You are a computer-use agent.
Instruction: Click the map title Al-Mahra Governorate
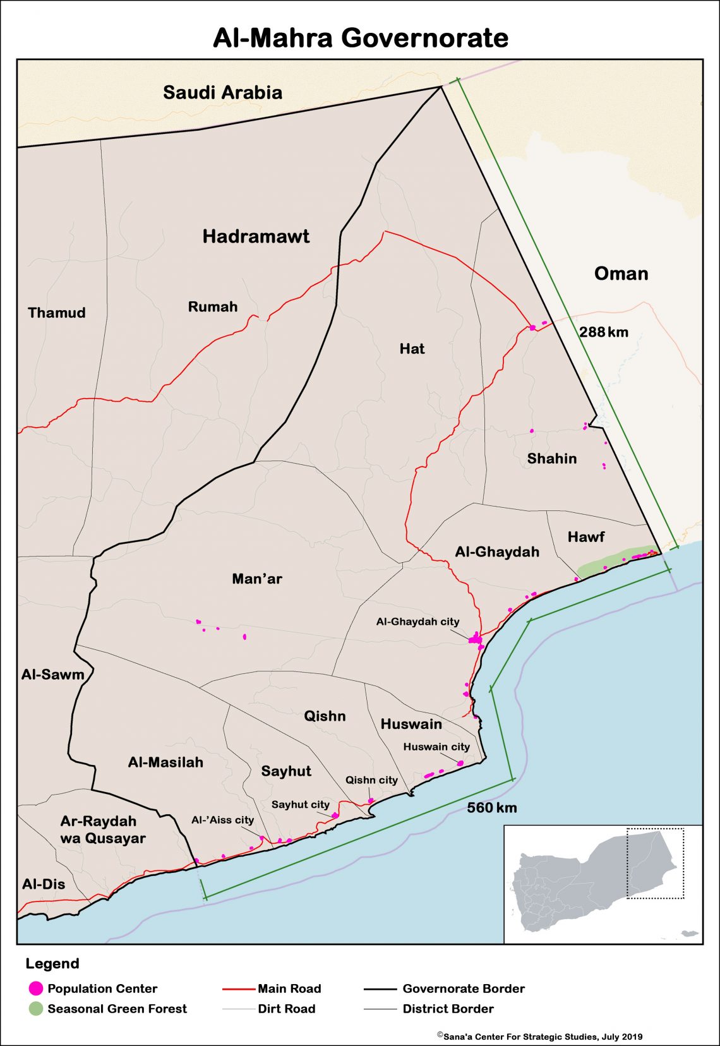click(x=360, y=38)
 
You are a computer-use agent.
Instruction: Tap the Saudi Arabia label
click(x=222, y=92)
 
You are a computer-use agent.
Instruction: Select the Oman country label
click(x=621, y=274)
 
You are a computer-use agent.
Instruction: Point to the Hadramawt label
click(x=256, y=236)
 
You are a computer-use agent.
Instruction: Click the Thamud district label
click(x=56, y=313)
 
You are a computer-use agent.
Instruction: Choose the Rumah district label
click(x=213, y=307)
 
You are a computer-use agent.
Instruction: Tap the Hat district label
click(x=412, y=349)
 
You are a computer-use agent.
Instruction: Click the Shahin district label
click(x=551, y=459)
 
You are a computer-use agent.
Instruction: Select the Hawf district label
click(x=585, y=537)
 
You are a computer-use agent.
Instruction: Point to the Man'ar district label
click(x=256, y=579)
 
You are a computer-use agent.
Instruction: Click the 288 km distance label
click(x=603, y=332)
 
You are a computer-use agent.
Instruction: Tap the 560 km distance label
click(x=491, y=807)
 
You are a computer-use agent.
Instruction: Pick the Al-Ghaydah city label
click(x=417, y=622)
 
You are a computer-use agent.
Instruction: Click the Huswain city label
click(x=436, y=747)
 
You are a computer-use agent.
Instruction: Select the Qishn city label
click(x=371, y=780)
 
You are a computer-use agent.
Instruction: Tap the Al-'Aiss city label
click(x=222, y=820)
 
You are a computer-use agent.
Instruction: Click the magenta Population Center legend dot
click(x=36, y=989)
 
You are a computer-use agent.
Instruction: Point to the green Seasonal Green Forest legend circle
click(x=36, y=1009)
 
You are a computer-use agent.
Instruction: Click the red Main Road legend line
click(x=239, y=989)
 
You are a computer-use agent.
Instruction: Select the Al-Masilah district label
click(x=165, y=762)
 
